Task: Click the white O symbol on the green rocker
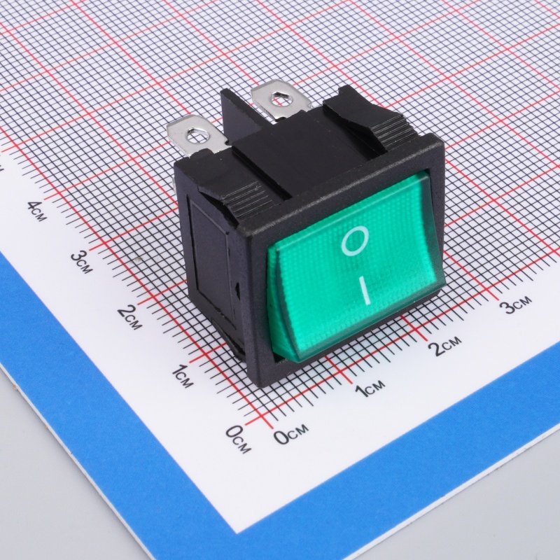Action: tap(355, 241)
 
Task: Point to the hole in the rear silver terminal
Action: tap(277, 97)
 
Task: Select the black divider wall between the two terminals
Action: tap(243, 114)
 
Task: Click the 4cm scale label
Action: tap(37, 211)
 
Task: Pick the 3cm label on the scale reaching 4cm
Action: tap(82, 261)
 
